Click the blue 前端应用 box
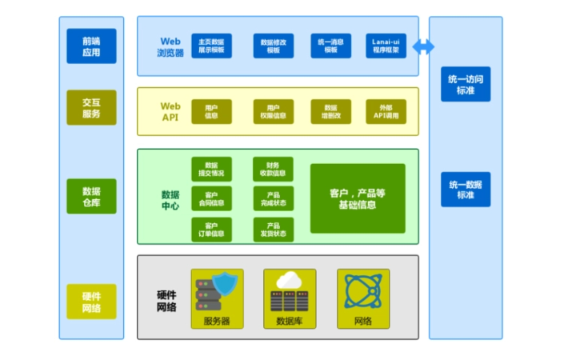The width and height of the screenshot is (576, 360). pyautogui.click(x=91, y=46)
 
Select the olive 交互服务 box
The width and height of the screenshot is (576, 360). pyautogui.click(x=91, y=107)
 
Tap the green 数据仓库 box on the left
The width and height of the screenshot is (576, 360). pyautogui.click(x=91, y=196)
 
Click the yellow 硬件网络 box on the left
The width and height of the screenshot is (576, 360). pyautogui.click(x=91, y=302)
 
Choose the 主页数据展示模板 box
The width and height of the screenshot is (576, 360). pyautogui.click(x=211, y=46)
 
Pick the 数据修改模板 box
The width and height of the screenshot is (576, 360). pyautogui.click(x=274, y=46)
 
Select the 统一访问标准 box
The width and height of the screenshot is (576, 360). pyautogui.click(x=466, y=84)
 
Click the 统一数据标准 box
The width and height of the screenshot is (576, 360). pyautogui.click(x=466, y=190)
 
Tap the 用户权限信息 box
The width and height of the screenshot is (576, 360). pyautogui.click(x=274, y=111)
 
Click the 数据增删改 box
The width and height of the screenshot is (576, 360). pyautogui.click(x=330, y=111)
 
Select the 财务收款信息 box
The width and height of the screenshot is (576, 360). pyautogui.click(x=274, y=169)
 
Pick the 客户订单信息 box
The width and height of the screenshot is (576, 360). pyautogui.click(x=211, y=230)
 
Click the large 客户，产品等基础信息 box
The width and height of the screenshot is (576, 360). pyautogui.click(x=358, y=198)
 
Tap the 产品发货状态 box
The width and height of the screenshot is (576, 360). pyautogui.click(x=274, y=230)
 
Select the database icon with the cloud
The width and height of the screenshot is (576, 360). pyautogui.click(x=290, y=291)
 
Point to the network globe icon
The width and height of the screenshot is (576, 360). pyautogui.click(x=363, y=291)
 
